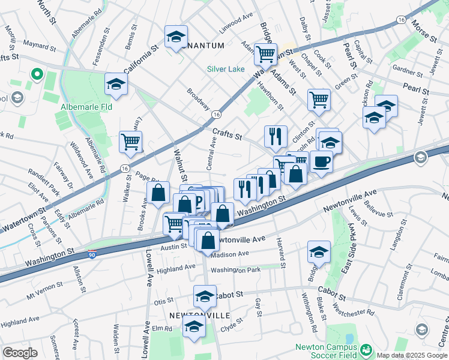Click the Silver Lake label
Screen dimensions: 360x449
click(226, 69)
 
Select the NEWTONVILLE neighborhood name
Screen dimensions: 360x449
click(191, 315)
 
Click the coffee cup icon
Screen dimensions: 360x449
click(321, 161)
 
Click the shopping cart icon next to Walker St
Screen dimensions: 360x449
click(130, 142)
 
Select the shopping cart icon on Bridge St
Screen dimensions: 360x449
click(265, 54)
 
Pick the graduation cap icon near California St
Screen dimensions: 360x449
click(176, 37)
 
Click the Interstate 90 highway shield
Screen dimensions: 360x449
click(92, 255)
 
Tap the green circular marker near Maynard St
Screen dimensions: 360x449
click(37, 74)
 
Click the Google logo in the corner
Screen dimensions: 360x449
click(20, 353)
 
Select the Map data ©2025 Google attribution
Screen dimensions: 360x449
click(411, 355)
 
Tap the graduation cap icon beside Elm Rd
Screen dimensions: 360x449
click(194, 327)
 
